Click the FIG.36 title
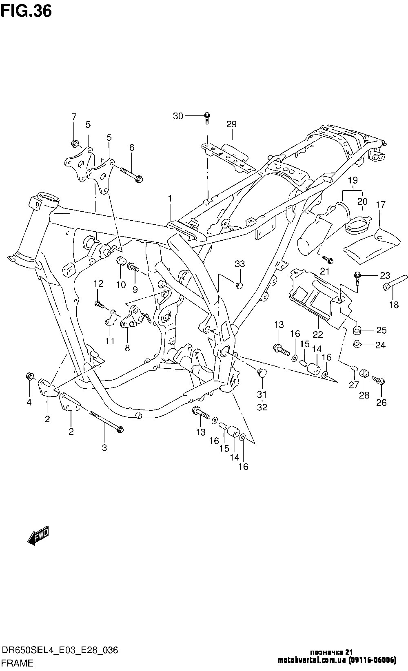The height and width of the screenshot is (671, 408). pyautogui.click(x=26, y=11)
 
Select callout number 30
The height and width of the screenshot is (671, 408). pyautogui.click(x=178, y=116)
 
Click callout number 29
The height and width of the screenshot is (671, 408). pyautogui.click(x=231, y=124)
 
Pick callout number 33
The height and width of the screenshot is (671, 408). pyautogui.click(x=239, y=264)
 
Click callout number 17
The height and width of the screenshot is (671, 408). pyautogui.click(x=381, y=204)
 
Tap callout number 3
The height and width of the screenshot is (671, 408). pyautogui.click(x=104, y=448)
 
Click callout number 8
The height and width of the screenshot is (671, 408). pyautogui.click(x=127, y=348)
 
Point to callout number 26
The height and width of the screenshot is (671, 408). pyautogui.click(x=381, y=403)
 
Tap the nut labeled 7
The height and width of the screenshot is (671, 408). pyautogui.click(x=74, y=143)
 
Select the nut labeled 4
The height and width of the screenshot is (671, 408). pyautogui.click(x=29, y=376)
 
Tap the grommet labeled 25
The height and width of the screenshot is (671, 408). pyautogui.click(x=357, y=330)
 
